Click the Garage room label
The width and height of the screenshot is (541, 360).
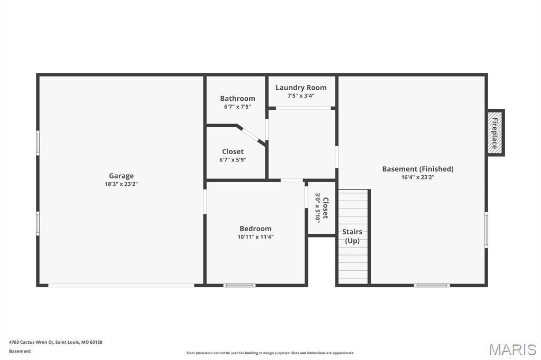[121, 176]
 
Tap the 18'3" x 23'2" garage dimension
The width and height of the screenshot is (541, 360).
[121, 184]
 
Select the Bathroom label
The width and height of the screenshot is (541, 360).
[237, 99]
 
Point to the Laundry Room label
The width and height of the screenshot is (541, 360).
[301, 88]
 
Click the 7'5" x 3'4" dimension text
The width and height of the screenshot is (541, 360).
[301, 96]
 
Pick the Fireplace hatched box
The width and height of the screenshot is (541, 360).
[495, 133]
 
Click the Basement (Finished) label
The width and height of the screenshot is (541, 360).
[418, 169]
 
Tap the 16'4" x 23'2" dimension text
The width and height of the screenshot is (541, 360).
[418, 177]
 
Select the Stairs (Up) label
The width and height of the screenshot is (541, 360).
[352, 236]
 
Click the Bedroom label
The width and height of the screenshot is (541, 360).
[255, 229]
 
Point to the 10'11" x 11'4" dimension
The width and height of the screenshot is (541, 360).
[255, 237]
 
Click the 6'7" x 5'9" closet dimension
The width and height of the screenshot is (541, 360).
[232, 160]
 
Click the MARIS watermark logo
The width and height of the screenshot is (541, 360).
[512, 349]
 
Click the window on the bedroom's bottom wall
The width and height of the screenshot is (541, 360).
[239, 285]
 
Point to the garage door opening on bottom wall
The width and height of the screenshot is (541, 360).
[121, 286]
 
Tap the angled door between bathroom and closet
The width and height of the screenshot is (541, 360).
[251, 134]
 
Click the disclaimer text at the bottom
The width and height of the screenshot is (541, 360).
[270, 353]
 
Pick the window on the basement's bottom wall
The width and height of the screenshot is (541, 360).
[432, 285]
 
